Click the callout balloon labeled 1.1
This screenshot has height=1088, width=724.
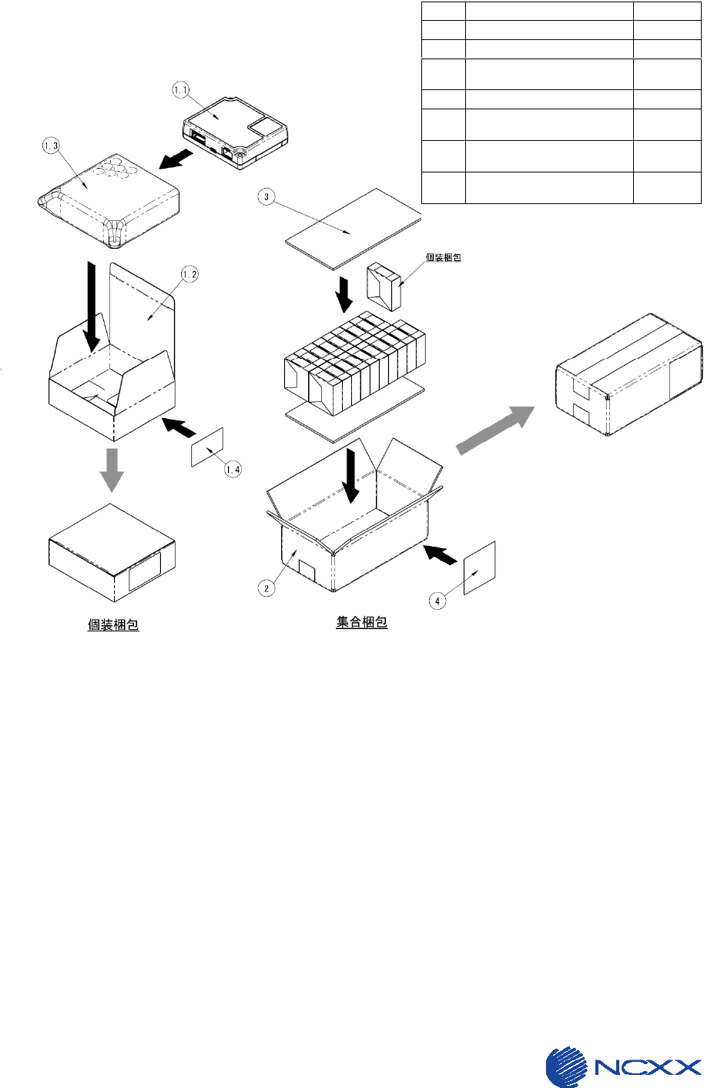click(x=181, y=91)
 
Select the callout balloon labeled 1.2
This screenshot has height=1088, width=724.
click(x=189, y=274)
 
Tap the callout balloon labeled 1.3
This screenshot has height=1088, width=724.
click(x=52, y=146)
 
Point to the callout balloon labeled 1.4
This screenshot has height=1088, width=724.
click(x=233, y=469)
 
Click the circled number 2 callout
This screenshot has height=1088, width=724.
click(x=266, y=588)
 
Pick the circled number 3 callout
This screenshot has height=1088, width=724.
click(x=266, y=197)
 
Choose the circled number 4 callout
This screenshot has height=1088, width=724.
click(x=437, y=601)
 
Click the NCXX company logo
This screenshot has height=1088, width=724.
click(x=624, y=1067)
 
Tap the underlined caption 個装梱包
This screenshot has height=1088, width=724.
click(x=113, y=624)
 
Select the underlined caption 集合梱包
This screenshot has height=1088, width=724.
click(x=361, y=621)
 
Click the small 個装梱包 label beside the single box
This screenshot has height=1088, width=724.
click(x=444, y=257)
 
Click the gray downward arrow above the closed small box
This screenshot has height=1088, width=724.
click(x=112, y=469)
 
